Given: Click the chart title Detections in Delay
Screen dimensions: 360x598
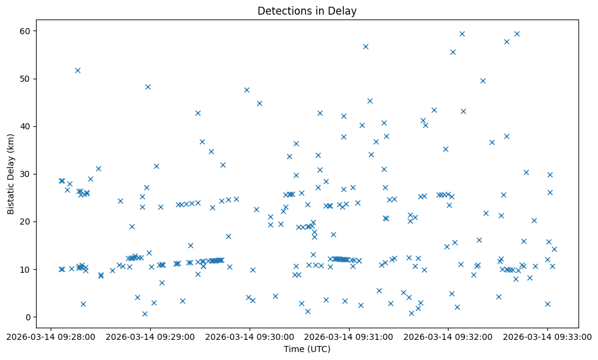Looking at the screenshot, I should click(307, 11).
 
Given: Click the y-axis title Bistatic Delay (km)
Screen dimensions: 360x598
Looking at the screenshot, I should click(11, 165).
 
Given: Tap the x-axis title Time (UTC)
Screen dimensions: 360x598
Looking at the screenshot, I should click(307, 349).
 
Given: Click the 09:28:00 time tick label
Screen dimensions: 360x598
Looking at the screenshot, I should click(51, 336).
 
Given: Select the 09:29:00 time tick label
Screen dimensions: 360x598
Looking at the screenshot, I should click(150, 336).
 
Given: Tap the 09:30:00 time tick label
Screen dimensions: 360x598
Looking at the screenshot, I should click(250, 336).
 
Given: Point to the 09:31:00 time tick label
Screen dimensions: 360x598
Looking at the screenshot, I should click(349, 336).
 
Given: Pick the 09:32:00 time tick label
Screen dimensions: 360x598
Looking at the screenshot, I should click(448, 336).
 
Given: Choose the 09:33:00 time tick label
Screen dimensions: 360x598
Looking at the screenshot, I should click(547, 336).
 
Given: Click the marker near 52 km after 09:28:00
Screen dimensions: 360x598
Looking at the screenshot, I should click(77, 70).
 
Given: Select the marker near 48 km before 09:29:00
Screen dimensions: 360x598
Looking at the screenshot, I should click(148, 87).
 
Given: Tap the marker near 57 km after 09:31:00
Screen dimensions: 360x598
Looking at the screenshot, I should click(366, 46).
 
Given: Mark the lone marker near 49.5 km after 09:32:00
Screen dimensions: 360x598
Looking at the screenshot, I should click(483, 81).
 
